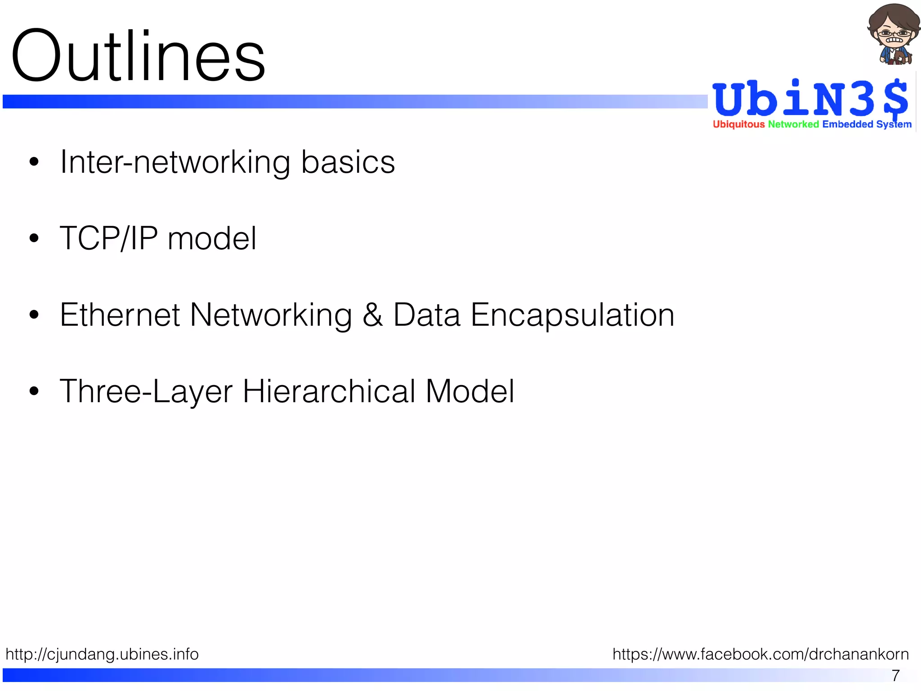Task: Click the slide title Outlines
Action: click(138, 56)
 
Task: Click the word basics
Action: click(348, 162)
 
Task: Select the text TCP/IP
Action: click(108, 238)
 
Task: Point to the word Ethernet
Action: click(120, 315)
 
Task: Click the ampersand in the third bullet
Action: click(372, 315)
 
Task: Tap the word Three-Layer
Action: click(146, 391)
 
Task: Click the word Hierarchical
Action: click(329, 391)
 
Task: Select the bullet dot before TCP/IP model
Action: click(34, 238)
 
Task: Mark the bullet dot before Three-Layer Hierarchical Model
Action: click(34, 391)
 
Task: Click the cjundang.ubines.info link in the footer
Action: click(102, 654)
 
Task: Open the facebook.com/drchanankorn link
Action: click(760, 654)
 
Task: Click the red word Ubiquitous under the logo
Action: click(738, 124)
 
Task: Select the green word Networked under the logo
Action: click(793, 124)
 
